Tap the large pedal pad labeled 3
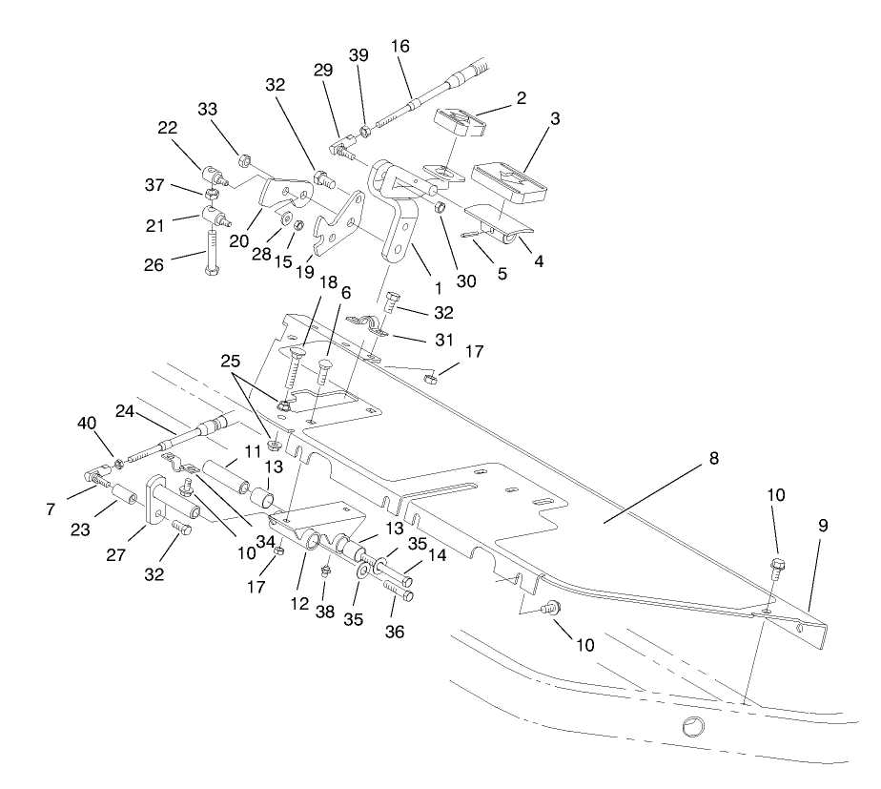click(507, 184)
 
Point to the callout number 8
click(713, 459)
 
